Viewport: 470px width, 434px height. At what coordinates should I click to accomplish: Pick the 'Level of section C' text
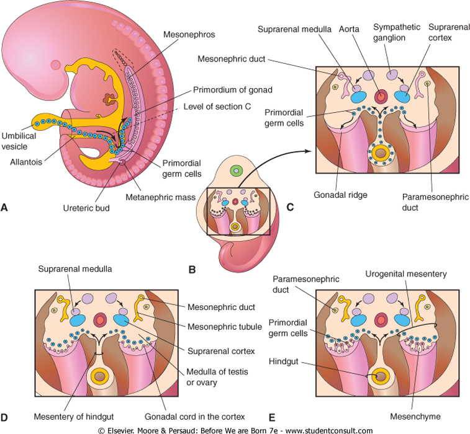[x=217, y=107]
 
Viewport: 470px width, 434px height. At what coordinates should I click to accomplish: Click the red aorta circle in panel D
[x=99, y=321]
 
